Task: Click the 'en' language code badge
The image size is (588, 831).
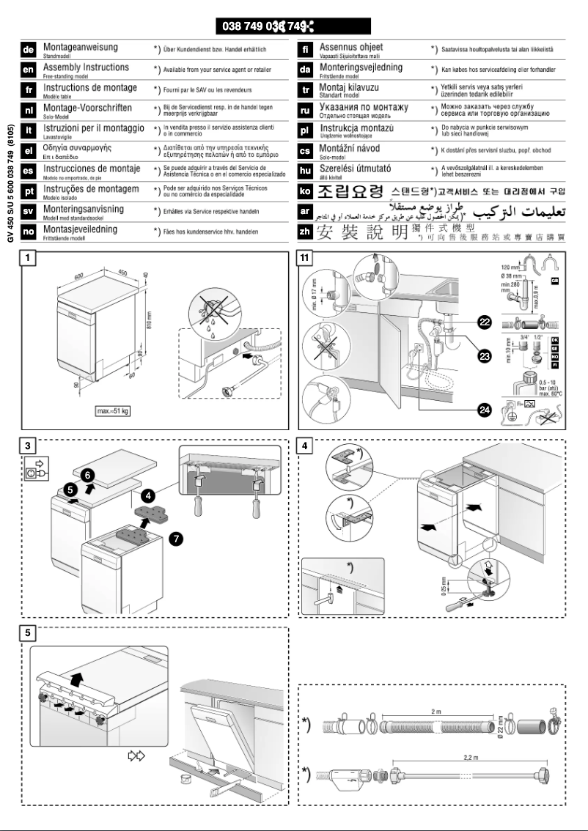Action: (x=29, y=70)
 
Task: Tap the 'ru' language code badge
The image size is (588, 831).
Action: (x=306, y=111)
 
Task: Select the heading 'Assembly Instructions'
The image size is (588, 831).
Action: (x=86, y=67)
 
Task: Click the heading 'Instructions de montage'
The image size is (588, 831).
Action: (x=89, y=88)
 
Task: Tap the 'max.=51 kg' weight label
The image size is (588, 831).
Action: (x=112, y=410)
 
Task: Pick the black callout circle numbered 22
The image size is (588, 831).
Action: (x=485, y=322)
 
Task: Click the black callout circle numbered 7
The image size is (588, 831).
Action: (x=176, y=539)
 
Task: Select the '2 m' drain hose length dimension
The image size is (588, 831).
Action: (x=436, y=710)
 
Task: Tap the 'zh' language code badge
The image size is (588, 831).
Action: (x=306, y=211)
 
